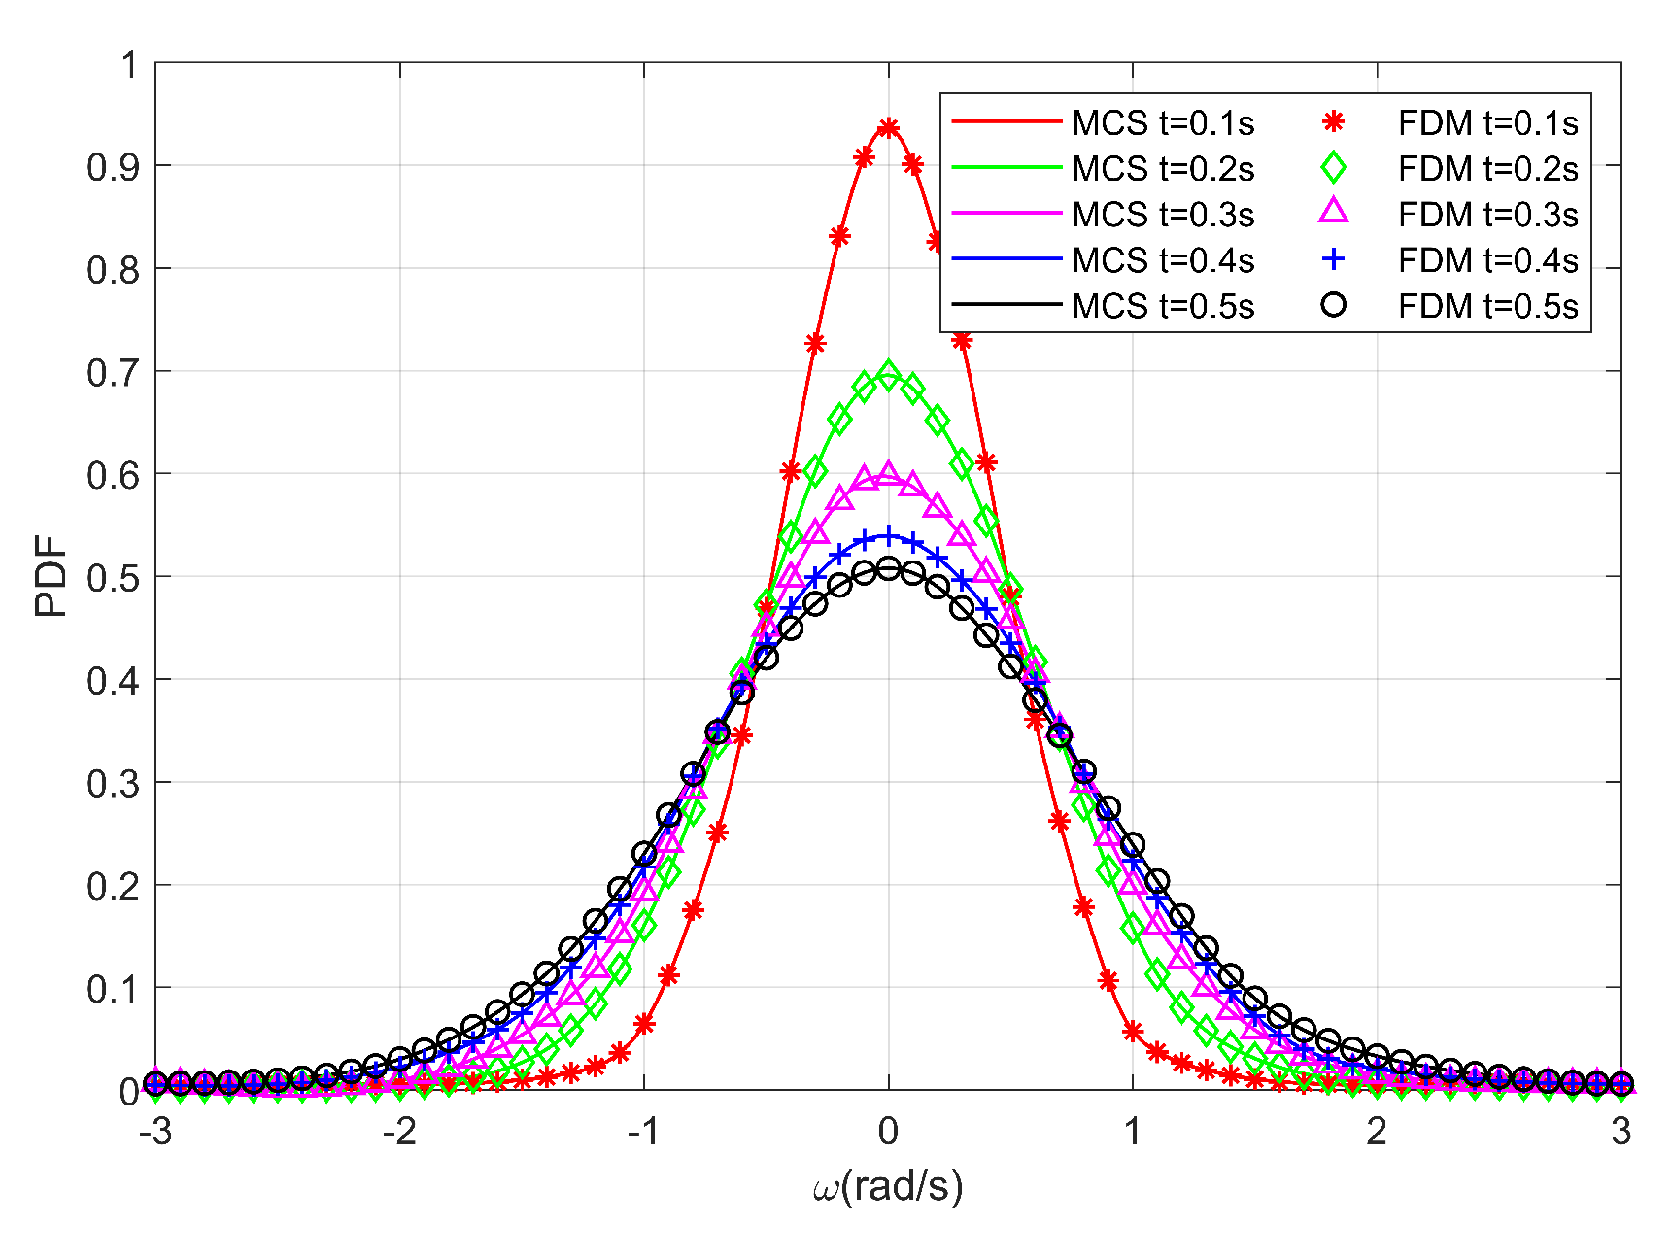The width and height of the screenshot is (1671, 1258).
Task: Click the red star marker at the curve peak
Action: click(888, 128)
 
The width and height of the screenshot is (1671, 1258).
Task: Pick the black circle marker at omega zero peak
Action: click(888, 568)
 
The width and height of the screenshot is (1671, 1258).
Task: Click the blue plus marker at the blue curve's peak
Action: click(888, 535)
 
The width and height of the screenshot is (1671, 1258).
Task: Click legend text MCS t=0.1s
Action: click(1163, 123)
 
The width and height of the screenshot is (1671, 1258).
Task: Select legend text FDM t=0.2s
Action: click(1487, 169)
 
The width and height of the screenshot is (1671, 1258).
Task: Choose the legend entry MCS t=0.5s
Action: click(1163, 306)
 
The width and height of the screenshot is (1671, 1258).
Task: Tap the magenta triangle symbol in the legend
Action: click(1334, 212)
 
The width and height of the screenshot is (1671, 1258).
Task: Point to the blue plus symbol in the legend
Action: click(1334, 259)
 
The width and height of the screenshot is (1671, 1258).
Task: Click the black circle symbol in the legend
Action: click(1334, 305)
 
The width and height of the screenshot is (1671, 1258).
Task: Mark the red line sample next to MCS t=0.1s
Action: click(1006, 122)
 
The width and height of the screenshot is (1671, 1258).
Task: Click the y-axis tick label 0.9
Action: click(114, 167)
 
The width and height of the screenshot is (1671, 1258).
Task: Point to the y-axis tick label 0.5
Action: click(114, 578)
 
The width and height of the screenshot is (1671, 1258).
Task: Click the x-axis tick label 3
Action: click(1620, 1132)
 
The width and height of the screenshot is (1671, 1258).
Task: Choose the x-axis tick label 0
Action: click(888, 1132)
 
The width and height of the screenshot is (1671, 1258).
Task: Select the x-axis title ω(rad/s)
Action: click(888, 1186)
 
